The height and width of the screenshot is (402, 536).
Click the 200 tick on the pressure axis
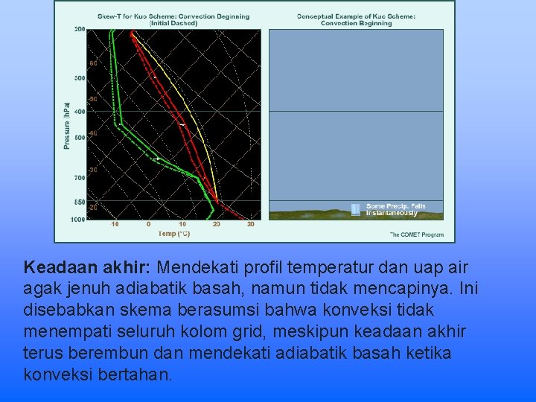[80, 30]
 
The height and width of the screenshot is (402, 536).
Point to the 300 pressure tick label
[80, 78]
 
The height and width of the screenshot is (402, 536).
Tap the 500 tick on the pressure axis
[80, 138]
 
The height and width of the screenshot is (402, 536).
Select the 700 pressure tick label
[80, 178]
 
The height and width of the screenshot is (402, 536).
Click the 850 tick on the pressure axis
[80, 202]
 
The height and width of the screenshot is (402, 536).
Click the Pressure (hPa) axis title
[67, 125]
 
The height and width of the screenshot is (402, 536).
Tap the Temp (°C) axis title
[174, 234]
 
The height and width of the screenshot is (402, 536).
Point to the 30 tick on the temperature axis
[250, 224]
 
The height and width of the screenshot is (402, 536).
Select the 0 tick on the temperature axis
[149, 224]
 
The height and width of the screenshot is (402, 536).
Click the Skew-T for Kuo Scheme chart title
[174, 19]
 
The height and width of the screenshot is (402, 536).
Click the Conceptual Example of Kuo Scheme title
[356, 19]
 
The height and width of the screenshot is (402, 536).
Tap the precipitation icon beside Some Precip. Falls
[356, 210]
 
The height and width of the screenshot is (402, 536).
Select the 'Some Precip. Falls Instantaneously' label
[395, 210]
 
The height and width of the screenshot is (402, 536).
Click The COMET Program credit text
[417, 234]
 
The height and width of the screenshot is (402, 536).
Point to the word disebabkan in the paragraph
[63, 308]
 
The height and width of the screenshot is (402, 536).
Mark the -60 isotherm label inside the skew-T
[93, 64]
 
